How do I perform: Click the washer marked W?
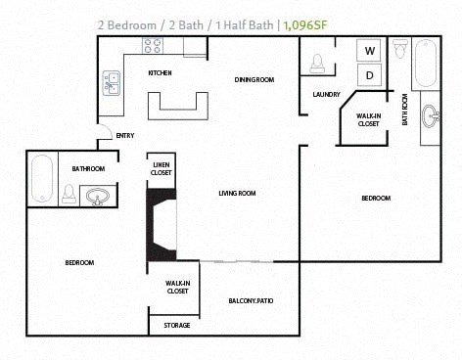[x=370, y=51]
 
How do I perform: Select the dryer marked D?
[x=370, y=74]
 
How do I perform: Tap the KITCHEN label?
[x=160, y=73]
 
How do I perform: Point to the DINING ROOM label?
[x=254, y=79]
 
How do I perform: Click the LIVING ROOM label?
[x=237, y=194]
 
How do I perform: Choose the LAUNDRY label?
[x=326, y=95]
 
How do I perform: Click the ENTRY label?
[x=124, y=136]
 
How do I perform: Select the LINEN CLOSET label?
[x=162, y=168]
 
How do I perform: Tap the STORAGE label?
[x=177, y=325]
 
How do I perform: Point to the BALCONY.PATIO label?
[x=251, y=300]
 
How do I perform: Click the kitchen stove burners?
[x=154, y=45]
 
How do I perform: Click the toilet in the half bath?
[x=316, y=63]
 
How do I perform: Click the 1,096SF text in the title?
[x=303, y=24]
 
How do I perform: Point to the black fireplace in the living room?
[x=160, y=225]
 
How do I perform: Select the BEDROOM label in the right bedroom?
[x=376, y=199]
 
